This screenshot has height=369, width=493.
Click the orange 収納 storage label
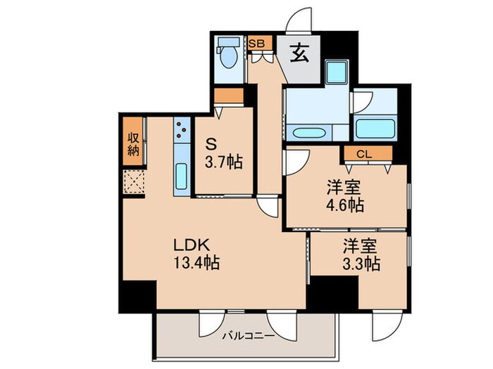pyautogui.click(x=133, y=143)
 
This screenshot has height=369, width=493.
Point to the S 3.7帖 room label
pyautogui.click(x=224, y=153)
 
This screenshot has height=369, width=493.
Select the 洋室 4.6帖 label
pyautogui.click(x=344, y=196)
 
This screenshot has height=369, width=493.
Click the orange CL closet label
pyautogui.click(x=363, y=153)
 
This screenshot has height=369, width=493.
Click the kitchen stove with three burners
pyautogui.click(x=182, y=129)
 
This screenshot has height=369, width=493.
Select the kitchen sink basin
pyautogui.click(x=181, y=176)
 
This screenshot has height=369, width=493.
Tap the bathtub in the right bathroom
pyautogui.click(x=375, y=129)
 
